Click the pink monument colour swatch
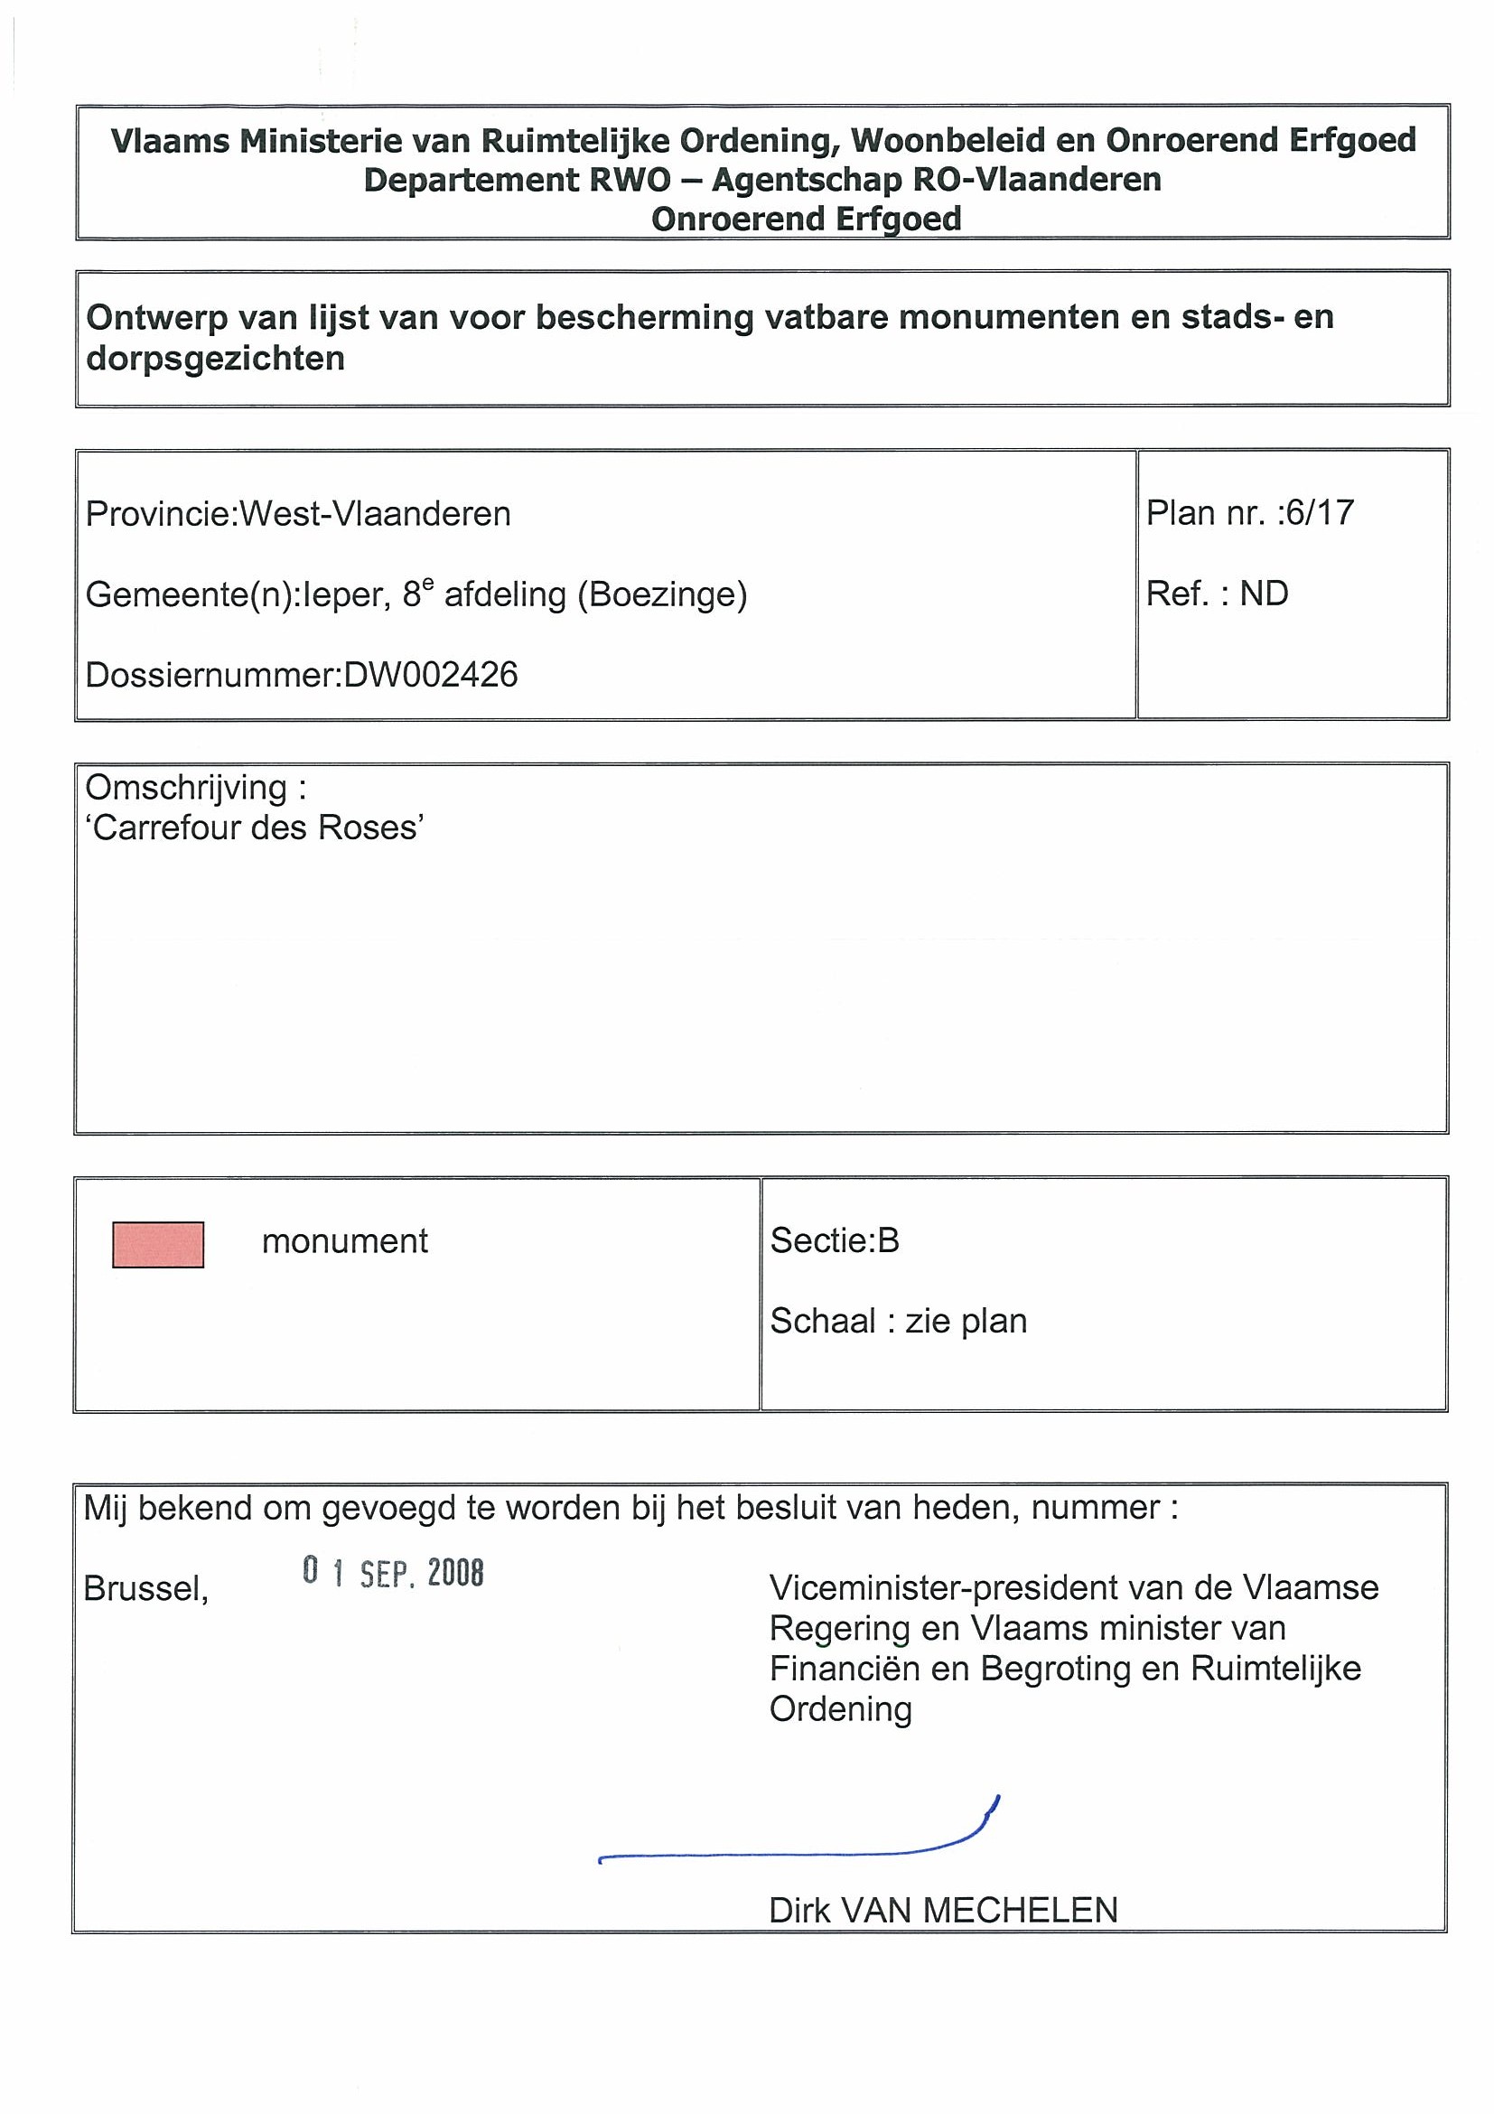157,1244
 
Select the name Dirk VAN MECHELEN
943,1911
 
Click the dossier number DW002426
430,675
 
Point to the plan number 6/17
1319,513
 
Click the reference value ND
1263,594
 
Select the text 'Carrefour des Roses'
254,828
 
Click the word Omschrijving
186,787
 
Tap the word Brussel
145,1588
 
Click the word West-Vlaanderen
375,514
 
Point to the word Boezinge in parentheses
662,594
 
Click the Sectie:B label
834,1240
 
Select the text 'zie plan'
966,1321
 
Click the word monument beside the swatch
344,1241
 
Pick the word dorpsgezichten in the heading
215,358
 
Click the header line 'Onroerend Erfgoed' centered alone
806,220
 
